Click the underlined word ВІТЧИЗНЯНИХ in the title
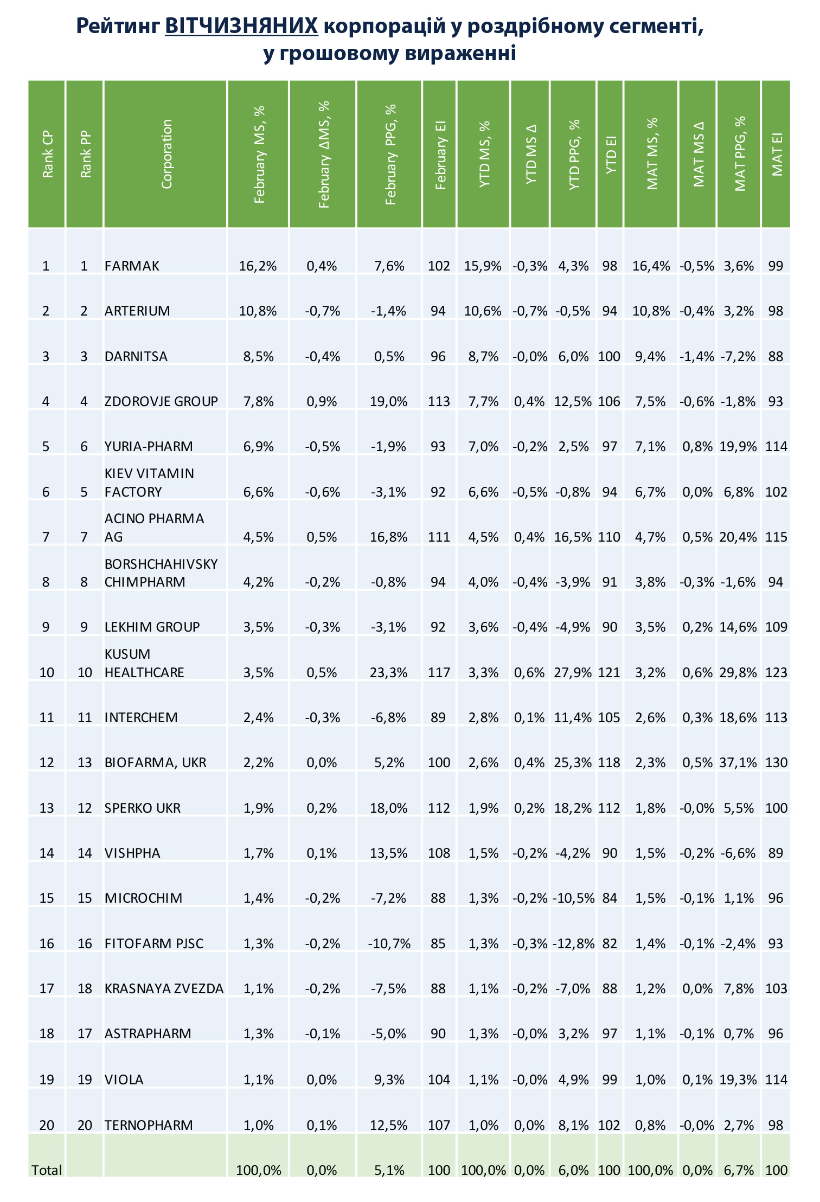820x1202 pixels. [241, 25]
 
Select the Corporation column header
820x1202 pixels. [166, 155]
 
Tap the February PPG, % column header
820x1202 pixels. [390, 155]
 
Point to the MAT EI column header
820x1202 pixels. [777, 155]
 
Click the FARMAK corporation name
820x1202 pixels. [132, 266]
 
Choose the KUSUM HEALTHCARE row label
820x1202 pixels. [144, 663]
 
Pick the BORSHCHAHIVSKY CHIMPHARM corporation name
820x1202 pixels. [161, 573]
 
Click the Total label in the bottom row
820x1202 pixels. [47, 1170]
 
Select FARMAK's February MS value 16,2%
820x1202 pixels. [258, 266]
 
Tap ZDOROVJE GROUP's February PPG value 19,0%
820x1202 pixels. [389, 401]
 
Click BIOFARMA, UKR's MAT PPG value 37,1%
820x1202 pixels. [739, 762]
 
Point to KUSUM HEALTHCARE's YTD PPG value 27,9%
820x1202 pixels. [573, 672]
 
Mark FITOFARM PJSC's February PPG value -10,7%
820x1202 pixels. [389, 943]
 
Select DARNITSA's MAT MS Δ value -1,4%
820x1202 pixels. [697, 356]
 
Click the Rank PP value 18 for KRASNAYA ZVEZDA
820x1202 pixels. [85, 988]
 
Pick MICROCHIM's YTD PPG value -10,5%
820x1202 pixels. [574, 898]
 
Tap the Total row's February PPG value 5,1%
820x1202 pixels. [390, 1170]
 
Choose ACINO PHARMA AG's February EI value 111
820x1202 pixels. [439, 537]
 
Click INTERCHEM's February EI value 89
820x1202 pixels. [438, 717]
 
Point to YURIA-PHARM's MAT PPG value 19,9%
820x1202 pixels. [739, 446]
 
